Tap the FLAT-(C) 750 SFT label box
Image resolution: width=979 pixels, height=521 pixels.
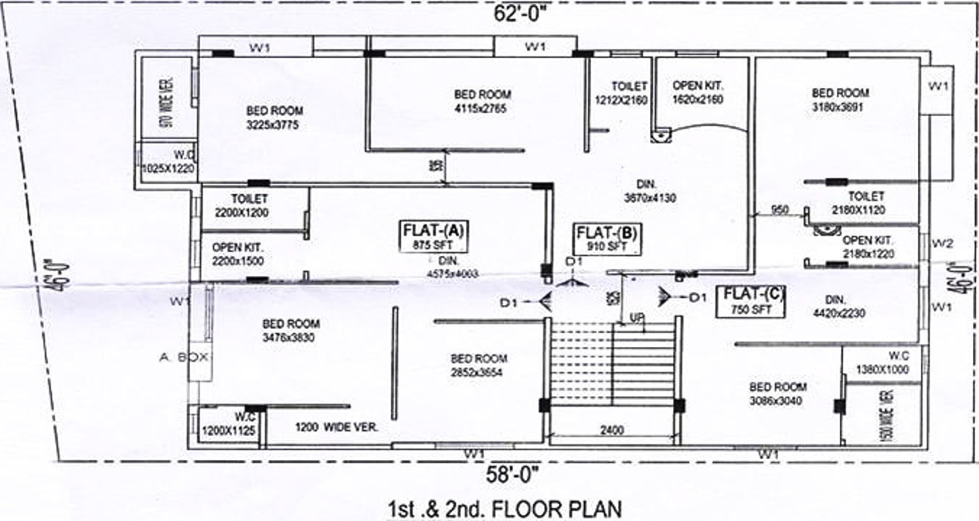751,301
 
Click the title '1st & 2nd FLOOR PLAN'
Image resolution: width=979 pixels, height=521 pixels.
504,509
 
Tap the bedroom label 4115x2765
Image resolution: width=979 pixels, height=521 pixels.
482,100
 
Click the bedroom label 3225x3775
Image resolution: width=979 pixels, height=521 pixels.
274,118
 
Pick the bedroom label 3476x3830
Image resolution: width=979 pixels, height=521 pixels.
290,330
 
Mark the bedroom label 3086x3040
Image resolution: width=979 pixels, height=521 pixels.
777,393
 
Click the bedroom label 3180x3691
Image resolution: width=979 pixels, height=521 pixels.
840,100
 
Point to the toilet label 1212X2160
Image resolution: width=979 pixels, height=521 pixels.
621,93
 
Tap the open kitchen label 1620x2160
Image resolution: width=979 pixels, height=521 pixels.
698,92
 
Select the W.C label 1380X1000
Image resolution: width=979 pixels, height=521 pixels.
883,362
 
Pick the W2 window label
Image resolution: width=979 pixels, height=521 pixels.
942,243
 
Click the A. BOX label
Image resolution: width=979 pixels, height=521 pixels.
183,357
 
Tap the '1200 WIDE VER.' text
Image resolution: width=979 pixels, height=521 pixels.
337,427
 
